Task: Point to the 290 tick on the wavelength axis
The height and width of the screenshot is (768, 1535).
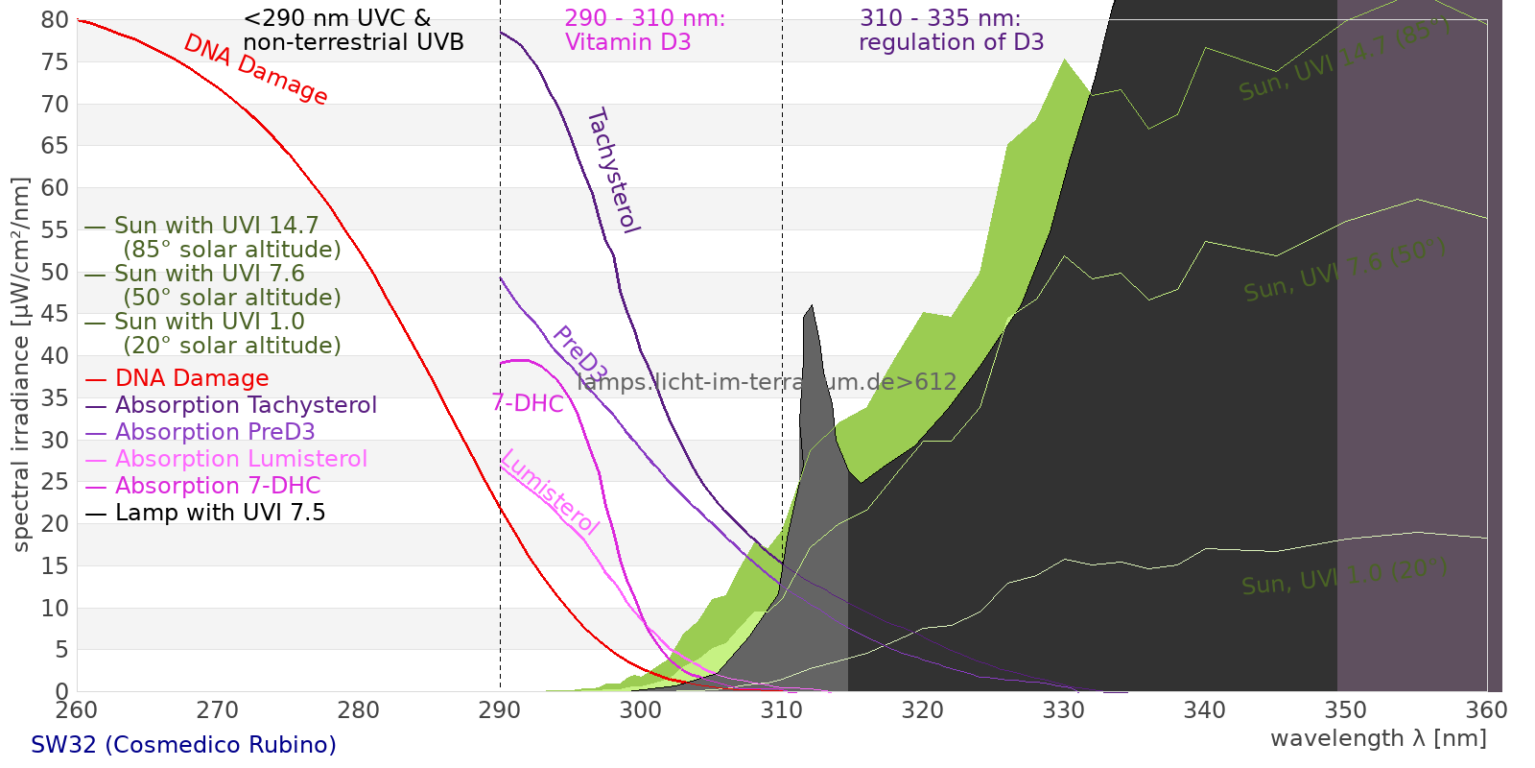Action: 500,711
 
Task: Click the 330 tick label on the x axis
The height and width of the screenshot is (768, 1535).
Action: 1064,711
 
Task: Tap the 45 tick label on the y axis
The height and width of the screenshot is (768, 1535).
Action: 55,314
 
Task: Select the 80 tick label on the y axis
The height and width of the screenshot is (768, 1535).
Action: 55,20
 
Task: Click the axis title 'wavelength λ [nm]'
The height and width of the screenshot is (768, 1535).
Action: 1378,739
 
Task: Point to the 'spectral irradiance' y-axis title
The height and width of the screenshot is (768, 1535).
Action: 21,365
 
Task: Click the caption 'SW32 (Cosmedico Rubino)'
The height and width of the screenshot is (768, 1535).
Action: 183,745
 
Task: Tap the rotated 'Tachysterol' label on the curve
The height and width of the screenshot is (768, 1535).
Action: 612,171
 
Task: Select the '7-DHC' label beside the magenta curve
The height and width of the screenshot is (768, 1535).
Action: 528,403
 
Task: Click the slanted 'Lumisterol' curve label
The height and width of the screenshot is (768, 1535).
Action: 550,492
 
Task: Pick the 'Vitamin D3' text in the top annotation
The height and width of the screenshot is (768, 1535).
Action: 627,42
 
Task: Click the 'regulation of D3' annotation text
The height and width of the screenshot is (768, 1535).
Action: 951,42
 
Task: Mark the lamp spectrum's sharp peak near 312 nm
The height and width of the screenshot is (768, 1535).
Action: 812,306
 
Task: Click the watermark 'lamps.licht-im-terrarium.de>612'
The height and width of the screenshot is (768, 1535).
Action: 767,382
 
